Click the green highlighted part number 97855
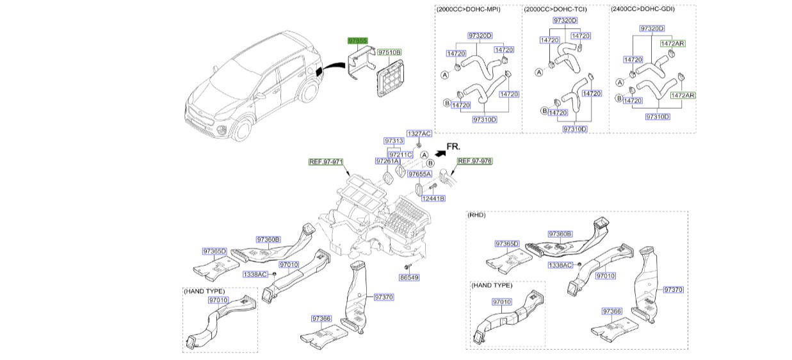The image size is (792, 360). tap(357, 40)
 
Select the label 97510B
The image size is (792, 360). tap(389, 52)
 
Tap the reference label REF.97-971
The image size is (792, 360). tap(327, 161)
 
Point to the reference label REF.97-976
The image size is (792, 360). tap(474, 161)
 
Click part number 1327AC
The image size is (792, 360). tap(419, 133)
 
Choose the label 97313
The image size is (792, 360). tap(394, 141)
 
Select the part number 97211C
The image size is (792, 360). tap(401, 154)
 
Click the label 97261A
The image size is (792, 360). tap(387, 161)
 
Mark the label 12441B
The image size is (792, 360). tap(433, 199)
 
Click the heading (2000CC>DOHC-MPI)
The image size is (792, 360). tap(469, 10)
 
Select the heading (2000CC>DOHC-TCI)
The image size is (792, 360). tap(555, 10)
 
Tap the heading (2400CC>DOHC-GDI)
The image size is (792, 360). tap(642, 10)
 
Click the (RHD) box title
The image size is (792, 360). tap(477, 215)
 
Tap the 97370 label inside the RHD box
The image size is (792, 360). tap(674, 290)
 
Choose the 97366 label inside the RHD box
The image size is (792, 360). tap(611, 311)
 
